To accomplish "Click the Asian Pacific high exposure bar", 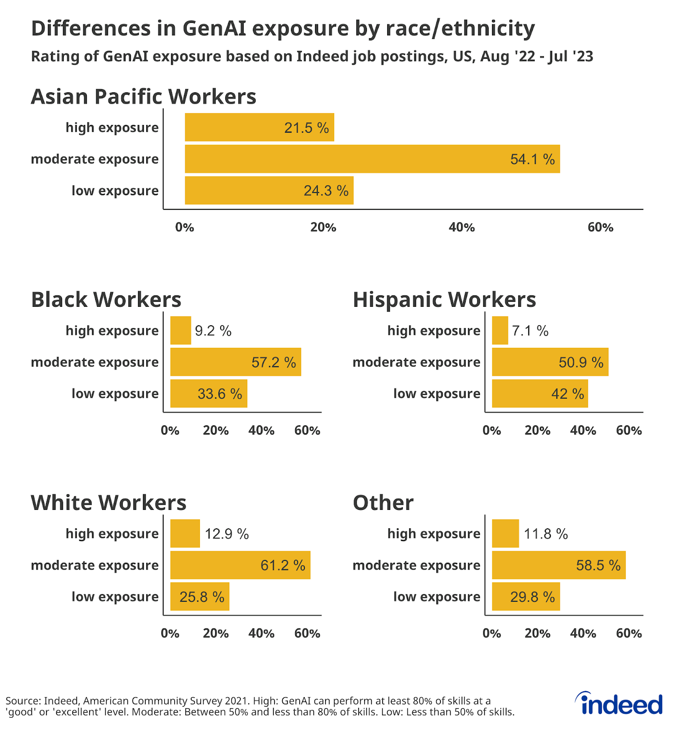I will tap(259, 127).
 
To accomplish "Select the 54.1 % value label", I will tap(532, 159).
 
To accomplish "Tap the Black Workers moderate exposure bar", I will tap(235, 362).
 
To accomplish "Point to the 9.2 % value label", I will tap(213, 331).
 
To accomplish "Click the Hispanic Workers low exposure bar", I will tap(539, 394).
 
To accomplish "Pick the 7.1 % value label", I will tap(530, 331).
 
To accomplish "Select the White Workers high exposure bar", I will tap(185, 533).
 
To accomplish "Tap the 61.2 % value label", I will tap(283, 565).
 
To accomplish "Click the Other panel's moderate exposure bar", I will tap(558, 565).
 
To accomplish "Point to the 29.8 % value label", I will tap(532, 597).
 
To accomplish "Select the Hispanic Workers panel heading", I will tap(444, 300).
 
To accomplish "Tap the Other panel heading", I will tap(383, 503).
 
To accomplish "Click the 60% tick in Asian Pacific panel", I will tap(600, 227).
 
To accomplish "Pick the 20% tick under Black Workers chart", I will tap(216, 430).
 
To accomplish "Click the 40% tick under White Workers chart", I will tap(261, 633).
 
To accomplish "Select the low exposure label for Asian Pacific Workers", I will tap(115, 191).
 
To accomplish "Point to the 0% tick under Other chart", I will tap(491, 633).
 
